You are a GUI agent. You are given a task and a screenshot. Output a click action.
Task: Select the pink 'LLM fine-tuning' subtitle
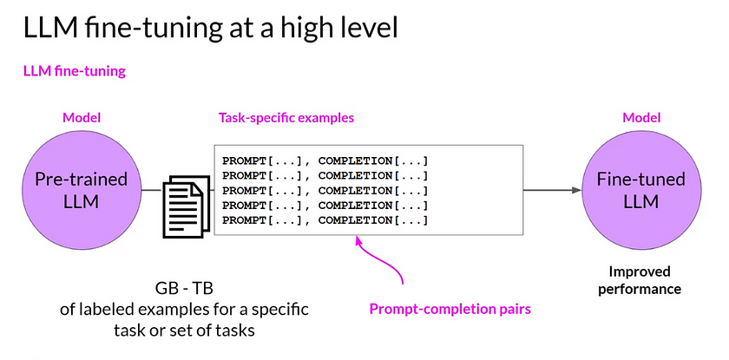[x=74, y=71]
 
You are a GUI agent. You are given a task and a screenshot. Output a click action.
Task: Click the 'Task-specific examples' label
[x=286, y=118]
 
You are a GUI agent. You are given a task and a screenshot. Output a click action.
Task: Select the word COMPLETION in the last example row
[x=353, y=220]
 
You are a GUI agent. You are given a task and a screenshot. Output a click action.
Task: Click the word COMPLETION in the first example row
[x=353, y=161]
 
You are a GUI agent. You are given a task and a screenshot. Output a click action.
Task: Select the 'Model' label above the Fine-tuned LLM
[x=641, y=118]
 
